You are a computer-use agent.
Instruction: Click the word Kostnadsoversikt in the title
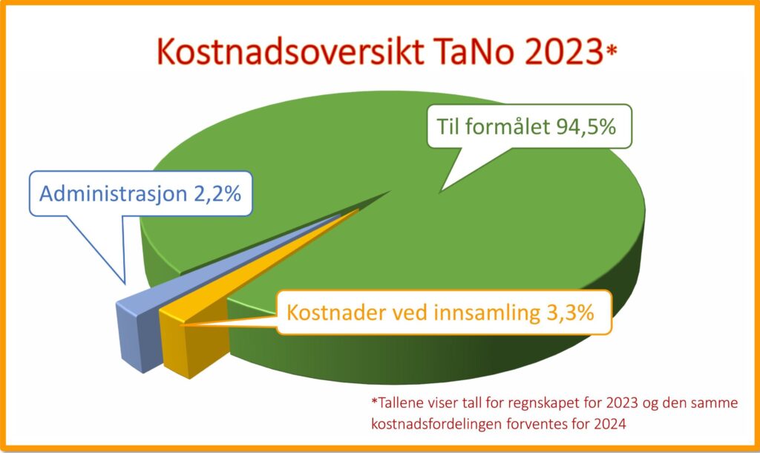point(291,51)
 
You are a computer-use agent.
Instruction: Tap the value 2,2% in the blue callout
point(217,194)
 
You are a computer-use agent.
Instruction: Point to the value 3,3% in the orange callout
point(570,313)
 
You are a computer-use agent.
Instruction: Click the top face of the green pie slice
point(412,203)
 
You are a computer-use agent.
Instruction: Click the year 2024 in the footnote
point(609,424)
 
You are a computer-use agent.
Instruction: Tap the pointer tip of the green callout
point(439,192)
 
